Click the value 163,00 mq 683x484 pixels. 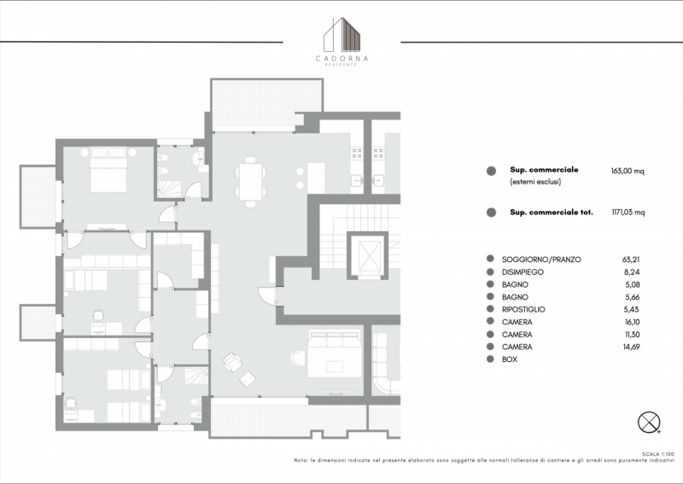628,172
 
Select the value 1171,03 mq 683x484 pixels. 628,213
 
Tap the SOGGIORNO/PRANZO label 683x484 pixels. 541,259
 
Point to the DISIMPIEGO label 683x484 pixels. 522,272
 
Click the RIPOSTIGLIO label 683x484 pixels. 523,309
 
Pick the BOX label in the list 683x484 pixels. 510,359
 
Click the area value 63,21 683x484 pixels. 631,259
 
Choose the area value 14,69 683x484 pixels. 632,347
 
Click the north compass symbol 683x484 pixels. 649,423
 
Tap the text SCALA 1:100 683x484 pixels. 657,454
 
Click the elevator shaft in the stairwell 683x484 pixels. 368,255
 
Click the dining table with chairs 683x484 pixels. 250,181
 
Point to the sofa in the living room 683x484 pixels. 334,353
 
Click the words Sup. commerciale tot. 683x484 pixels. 551,213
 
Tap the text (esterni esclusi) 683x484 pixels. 535,182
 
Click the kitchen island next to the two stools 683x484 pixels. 316,178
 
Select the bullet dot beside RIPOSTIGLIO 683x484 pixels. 490,309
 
